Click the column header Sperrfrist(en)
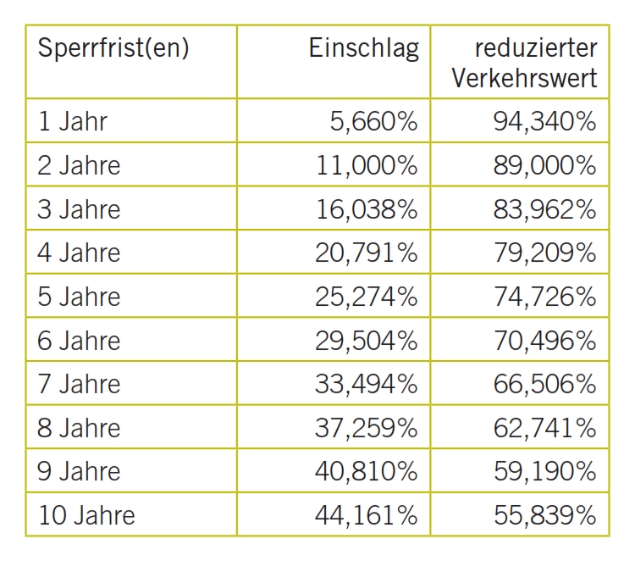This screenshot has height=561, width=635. [x=113, y=49]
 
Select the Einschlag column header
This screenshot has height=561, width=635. [x=363, y=49]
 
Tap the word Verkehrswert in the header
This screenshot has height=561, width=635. [x=524, y=79]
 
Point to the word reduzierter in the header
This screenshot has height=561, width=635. [x=538, y=48]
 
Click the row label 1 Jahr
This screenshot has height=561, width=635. [x=73, y=121]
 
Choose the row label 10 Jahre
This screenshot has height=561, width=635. [x=86, y=514]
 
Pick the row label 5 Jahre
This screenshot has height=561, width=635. [x=79, y=297]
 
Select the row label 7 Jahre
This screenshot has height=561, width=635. [x=79, y=384]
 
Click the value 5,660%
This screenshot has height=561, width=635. [x=373, y=122]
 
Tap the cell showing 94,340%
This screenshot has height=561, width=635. [x=544, y=122]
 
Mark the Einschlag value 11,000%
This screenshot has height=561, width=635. [x=367, y=165]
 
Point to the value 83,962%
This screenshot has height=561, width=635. [x=544, y=209]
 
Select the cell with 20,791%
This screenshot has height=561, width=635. [x=367, y=253]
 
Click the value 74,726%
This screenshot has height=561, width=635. [x=544, y=297]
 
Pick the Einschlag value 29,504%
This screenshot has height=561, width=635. [x=367, y=341]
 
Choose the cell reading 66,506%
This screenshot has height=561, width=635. [x=544, y=384]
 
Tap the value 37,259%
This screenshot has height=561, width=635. [x=367, y=428]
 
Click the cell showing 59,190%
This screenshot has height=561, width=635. [x=544, y=471]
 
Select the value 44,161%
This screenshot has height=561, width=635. [x=367, y=514]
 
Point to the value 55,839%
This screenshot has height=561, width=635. [x=544, y=514]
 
